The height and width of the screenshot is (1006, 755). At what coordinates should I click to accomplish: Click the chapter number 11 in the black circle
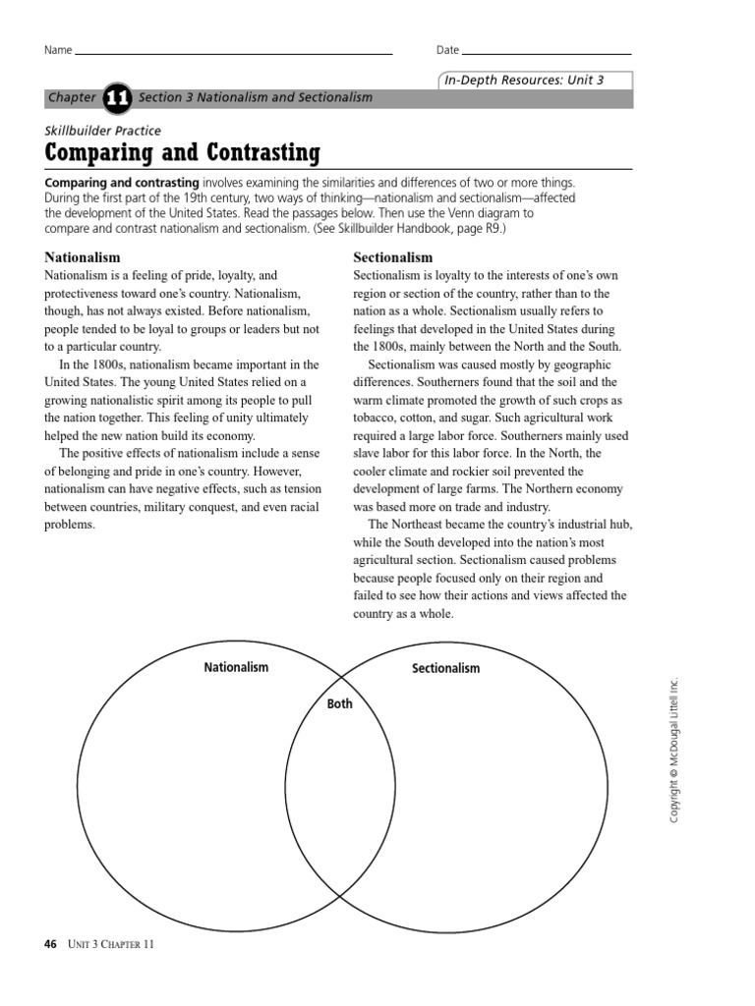click(116, 97)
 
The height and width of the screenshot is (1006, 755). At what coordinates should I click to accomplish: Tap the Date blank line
click(547, 52)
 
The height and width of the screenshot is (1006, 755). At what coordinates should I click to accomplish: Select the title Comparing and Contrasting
click(183, 153)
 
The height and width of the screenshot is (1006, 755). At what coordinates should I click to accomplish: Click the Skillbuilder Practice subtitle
click(103, 130)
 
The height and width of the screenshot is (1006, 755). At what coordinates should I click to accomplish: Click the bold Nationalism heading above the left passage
click(83, 257)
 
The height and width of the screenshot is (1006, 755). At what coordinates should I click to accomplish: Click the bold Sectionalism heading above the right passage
click(392, 257)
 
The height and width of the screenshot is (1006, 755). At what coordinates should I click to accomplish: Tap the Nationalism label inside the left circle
click(236, 667)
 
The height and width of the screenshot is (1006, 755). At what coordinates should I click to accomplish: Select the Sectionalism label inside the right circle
click(445, 668)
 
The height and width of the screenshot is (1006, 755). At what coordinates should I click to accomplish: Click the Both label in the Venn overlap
click(340, 703)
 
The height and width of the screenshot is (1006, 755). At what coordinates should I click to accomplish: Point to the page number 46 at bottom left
click(51, 945)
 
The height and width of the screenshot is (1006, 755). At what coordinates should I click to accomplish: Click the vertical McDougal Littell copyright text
click(674, 751)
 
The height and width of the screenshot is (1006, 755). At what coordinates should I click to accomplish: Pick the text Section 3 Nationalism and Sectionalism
click(256, 97)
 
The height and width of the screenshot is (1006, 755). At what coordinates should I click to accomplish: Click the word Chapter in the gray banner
click(72, 97)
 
